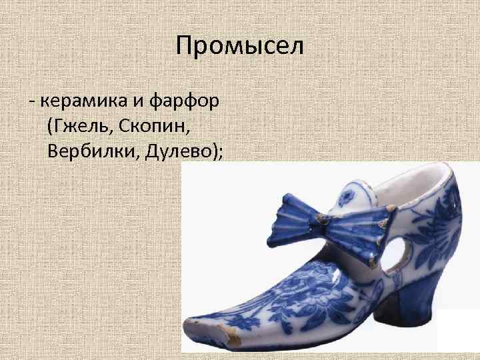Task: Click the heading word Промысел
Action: pyautogui.click(x=240, y=47)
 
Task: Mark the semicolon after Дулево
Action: pyautogui.click(x=220, y=153)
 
